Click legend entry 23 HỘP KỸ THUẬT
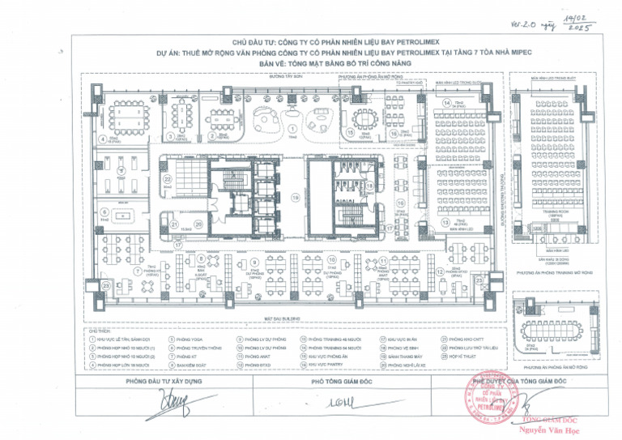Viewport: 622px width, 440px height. [462, 357]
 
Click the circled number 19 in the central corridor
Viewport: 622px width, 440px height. [296, 198]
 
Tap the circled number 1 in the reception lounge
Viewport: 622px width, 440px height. [292, 128]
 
